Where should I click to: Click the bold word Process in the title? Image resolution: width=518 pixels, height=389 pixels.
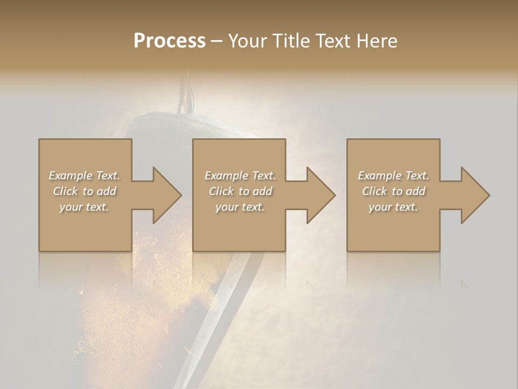[x=169, y=41]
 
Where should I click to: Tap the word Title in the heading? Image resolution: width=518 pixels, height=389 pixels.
[x=291, y=41]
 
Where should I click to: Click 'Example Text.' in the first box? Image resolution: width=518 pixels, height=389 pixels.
[x=84, y=176]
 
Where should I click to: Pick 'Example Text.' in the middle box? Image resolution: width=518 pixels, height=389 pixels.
[x=240, y=176]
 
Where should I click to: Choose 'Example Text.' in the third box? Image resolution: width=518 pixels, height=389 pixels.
[x=393, y=176]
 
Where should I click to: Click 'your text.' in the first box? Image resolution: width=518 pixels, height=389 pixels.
[x=84, y=207]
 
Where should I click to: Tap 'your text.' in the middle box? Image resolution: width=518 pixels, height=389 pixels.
[x=240, y=207]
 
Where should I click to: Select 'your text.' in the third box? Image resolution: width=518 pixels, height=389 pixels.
[x=393, y=207]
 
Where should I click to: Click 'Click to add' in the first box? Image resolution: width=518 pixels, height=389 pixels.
[x=84, y=191]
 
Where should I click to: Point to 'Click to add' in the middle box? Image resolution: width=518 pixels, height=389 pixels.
[x=240, y=191]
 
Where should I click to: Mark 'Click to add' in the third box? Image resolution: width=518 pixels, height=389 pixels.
[x=393, y=191]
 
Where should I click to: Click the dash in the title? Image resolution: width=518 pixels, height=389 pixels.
[x=217, y=42]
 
